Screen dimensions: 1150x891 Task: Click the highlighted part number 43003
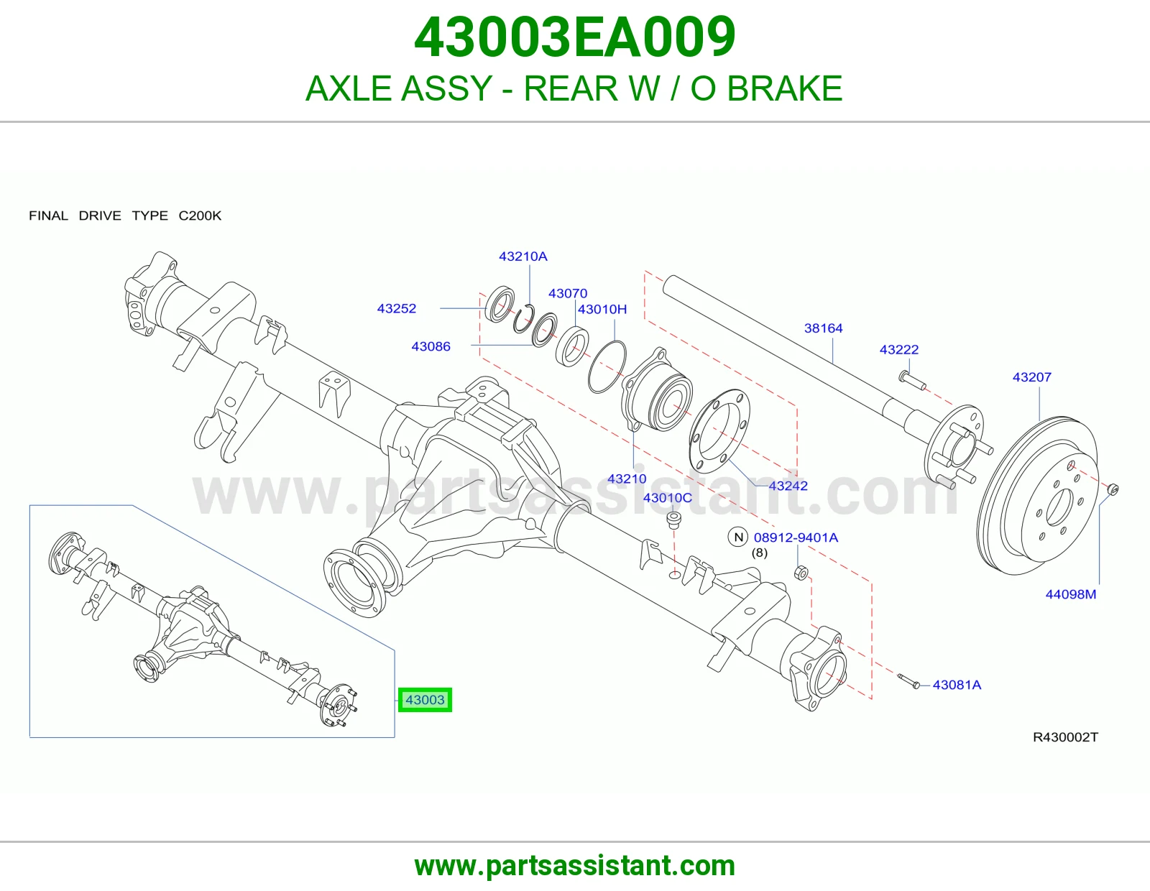425,700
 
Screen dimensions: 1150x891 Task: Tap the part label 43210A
523,257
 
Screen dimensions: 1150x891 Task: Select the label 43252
396,308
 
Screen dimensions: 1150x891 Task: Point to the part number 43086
431,346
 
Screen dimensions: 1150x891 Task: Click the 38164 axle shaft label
824,328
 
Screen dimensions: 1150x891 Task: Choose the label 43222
899,350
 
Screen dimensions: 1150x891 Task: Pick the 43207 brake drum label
1032,377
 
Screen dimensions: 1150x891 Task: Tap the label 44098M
1071,594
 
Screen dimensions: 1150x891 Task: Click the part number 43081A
957,685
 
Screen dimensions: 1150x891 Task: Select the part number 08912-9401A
796,537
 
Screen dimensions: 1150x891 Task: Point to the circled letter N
738,537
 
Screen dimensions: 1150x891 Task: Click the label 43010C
667,498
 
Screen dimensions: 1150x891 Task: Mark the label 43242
788,486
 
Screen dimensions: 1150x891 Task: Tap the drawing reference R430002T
1065,737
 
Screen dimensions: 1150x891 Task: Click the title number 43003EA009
575,37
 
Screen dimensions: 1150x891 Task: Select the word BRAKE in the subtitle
784,88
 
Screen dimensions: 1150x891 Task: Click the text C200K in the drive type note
200,216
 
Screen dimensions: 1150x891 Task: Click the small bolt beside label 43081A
908,681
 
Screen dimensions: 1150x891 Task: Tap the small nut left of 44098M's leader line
1113,489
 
